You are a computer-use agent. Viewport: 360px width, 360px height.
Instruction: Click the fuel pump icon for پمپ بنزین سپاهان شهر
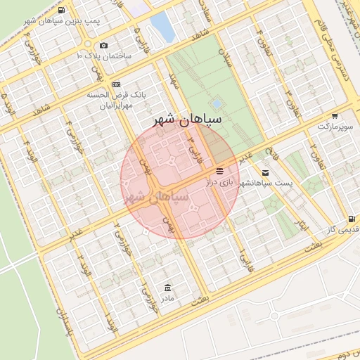tap(62, 11)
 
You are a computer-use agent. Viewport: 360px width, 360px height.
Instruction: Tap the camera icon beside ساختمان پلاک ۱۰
tap(104, 46)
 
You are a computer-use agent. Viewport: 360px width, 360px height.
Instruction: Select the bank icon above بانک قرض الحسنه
tap(116, 84)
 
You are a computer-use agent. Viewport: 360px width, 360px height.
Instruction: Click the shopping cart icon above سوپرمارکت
tap(335, 115)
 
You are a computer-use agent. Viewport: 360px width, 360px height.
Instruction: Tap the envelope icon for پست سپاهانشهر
tap(265, 172)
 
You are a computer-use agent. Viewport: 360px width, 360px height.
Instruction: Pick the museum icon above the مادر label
tap(167, 288)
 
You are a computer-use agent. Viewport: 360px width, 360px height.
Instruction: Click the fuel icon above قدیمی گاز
tap(351, 219)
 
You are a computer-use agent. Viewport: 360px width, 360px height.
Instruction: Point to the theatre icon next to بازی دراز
tap(220, 172)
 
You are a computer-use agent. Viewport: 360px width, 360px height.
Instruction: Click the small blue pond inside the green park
tap(216, 104)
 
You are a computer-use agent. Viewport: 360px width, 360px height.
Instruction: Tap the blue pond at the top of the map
tap(162, 26)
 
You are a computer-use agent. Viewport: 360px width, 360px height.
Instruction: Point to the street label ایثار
tap(300, 226)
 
